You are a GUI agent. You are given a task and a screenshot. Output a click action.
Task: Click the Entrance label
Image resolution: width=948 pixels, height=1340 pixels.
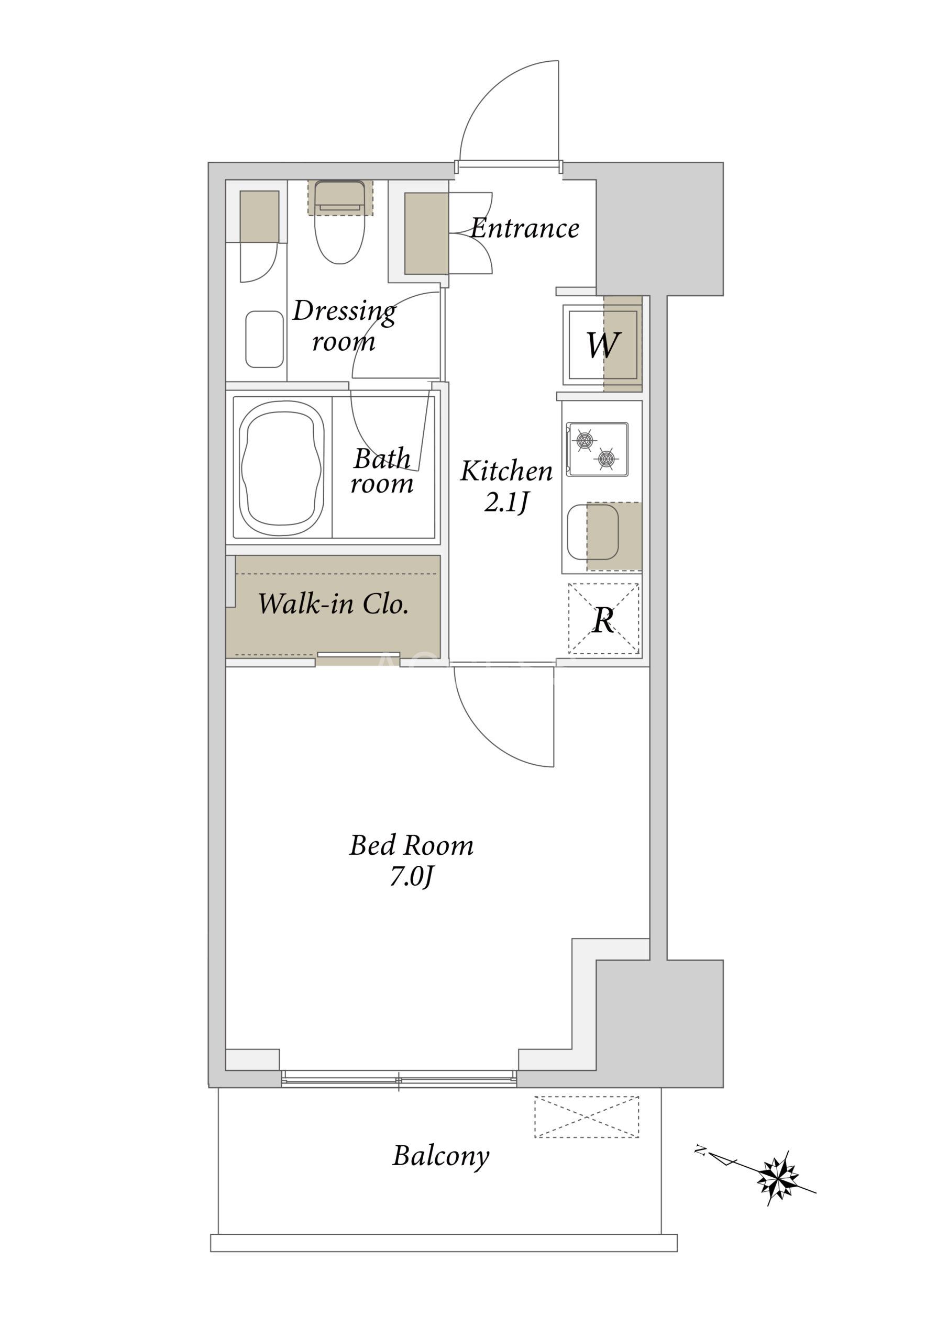click(524, 228)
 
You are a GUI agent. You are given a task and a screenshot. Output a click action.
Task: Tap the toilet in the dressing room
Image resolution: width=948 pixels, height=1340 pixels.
click(340, 222)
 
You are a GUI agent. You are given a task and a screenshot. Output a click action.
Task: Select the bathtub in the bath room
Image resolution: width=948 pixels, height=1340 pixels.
click(282, 468)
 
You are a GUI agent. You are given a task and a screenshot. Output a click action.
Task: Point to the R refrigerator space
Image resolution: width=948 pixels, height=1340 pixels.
click(603, 619)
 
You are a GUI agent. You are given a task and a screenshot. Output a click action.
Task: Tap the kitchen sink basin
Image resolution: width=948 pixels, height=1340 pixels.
click(593, 532)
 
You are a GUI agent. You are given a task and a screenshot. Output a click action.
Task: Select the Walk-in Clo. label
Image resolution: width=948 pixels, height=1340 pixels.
click(333, 604)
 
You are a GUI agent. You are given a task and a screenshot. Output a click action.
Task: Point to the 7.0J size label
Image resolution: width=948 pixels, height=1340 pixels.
click(411, 877)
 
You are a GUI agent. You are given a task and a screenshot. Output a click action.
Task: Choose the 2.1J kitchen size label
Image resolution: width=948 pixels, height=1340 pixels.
click(506, 502)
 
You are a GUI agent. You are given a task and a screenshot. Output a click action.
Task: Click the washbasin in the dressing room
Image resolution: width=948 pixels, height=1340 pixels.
click(264, 339)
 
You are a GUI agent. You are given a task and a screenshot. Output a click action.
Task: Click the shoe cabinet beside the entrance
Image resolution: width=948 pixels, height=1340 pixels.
click(426, 233)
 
